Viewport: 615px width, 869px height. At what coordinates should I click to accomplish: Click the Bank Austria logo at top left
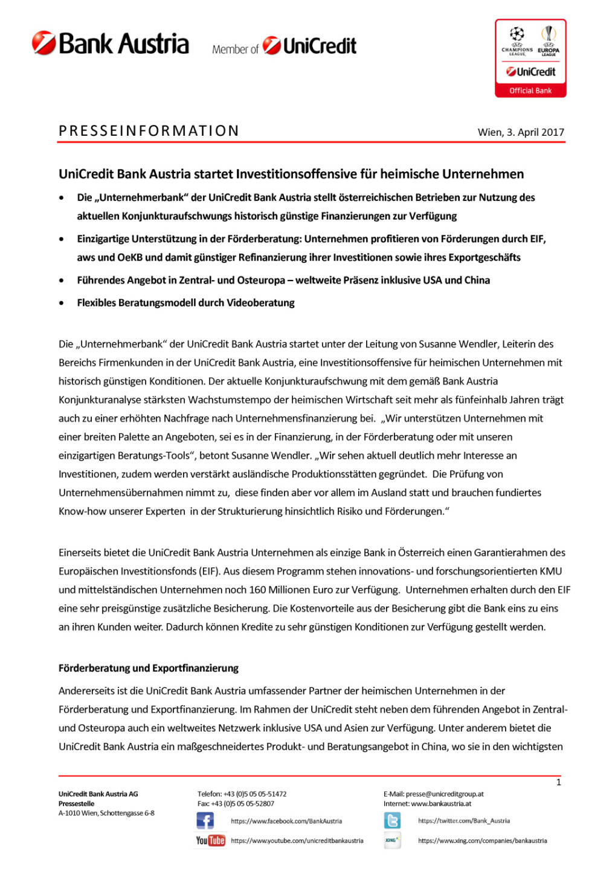tap(111, 44)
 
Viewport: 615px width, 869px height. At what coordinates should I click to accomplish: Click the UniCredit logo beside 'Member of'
tap(309, 46)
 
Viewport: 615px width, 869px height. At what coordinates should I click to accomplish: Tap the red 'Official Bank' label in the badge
tap(530, 91)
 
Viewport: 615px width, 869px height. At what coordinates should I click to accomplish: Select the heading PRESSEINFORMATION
tap(149, 131)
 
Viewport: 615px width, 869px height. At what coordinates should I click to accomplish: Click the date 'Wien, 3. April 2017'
tap(520, 132)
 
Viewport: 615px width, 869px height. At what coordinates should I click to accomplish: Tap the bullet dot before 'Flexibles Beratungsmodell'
tap(62, 303)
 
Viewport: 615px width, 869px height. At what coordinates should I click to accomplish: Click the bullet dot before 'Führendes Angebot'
tap(62, 281)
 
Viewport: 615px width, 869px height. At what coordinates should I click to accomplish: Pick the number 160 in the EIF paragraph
tap(257, 590)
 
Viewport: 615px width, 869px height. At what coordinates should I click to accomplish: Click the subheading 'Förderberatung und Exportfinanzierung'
tap(149, 668)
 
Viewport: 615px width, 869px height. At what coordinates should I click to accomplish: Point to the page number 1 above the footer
tap(558, 782)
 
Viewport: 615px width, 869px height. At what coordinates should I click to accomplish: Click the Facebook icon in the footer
tap(205, 821)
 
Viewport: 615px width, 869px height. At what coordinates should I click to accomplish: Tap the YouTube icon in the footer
tap(210, 840)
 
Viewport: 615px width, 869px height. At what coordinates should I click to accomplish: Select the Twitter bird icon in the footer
tap(392, 821)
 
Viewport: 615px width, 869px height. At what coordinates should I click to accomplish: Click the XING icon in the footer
tap(392, 840)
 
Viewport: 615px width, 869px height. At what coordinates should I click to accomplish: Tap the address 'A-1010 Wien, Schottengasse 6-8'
tap(106, 813)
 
